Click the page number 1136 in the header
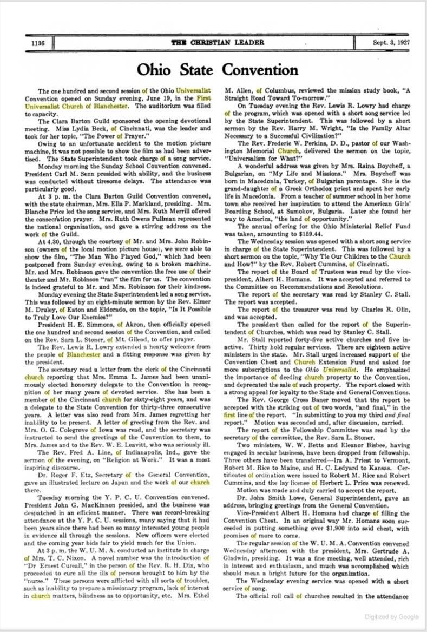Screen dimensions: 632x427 38,43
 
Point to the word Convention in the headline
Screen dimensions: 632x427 260,70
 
